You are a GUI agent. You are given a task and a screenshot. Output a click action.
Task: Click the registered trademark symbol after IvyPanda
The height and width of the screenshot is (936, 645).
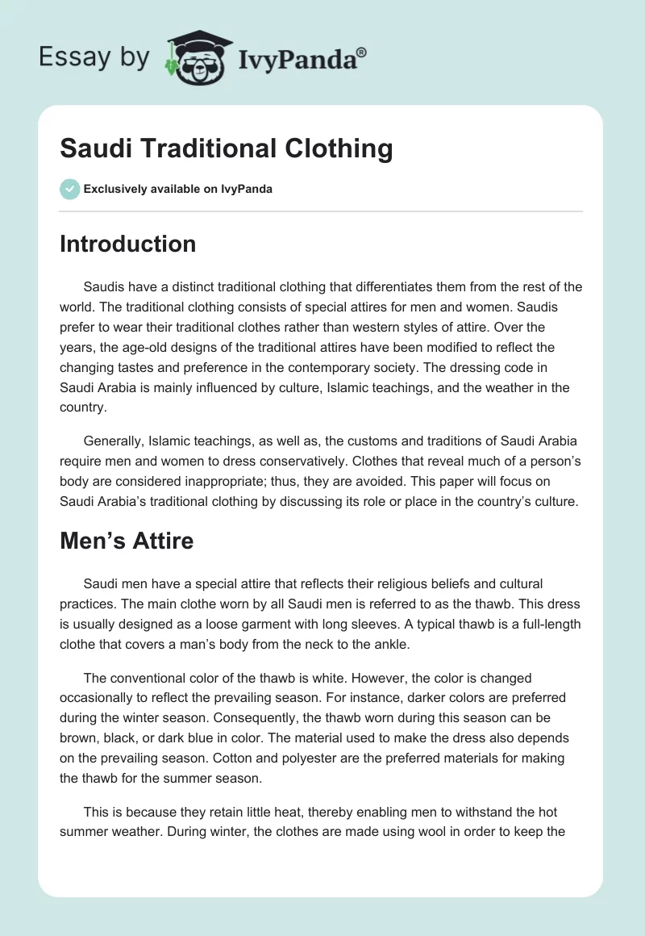coord(363,52)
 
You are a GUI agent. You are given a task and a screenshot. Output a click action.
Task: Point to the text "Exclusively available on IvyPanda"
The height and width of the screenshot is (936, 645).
coord(178,190)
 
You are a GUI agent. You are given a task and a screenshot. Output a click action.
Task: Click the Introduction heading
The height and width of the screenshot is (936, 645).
coord(127,244)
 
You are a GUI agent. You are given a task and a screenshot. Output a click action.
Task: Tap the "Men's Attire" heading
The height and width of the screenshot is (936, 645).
coord(127,540)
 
